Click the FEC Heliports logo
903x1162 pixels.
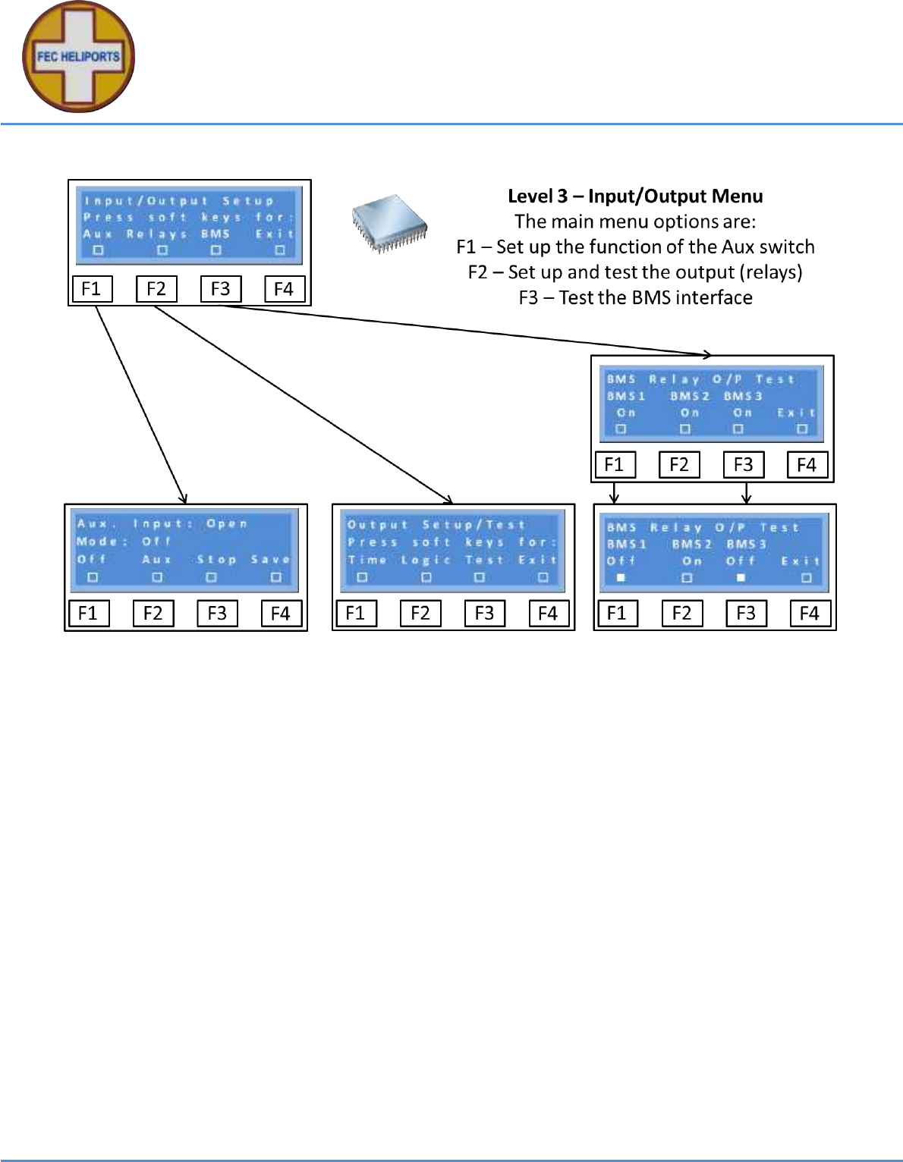[x=78, y=57]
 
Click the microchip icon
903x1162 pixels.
[x=389, y=222]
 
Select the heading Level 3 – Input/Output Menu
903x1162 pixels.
[x=635, y=196]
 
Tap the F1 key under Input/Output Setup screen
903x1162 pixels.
[x=91, y=289]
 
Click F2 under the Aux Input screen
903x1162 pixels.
[x=153, y=613]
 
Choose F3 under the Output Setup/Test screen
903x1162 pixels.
[x=484, y=613]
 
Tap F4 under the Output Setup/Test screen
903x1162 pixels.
[x=548, y=613]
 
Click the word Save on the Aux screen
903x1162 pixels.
[x=270, y=560]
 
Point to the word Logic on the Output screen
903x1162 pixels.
[x=426, y=561]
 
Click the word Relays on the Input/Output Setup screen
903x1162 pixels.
[x=156, y=234]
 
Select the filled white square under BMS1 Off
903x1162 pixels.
[x=621, y=578]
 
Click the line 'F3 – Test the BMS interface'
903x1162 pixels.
[x=635, y=297]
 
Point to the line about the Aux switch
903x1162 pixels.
[x=635, y=247]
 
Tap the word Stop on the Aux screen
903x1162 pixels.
[x=216, y=560]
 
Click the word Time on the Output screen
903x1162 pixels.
[x=367, y=561]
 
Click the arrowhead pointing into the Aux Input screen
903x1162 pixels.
[x=183, y=498]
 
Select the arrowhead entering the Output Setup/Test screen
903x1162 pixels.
[x=448, y=499]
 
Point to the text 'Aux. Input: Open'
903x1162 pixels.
[x=162, y=524]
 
